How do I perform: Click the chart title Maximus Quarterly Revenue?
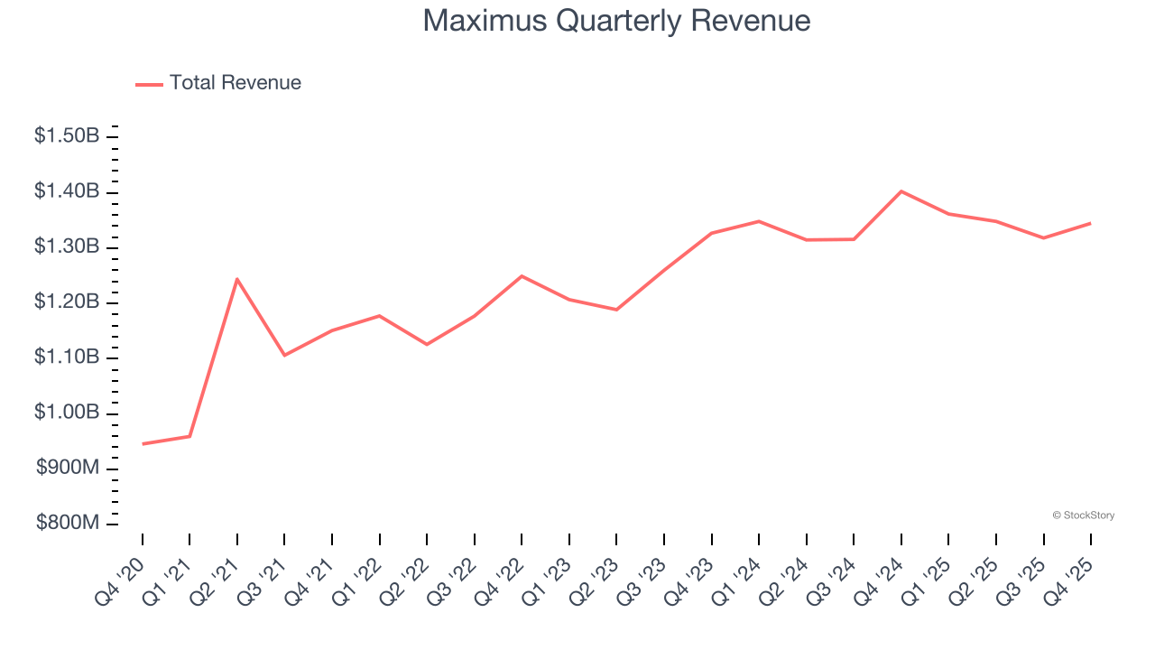[x=616, y=21]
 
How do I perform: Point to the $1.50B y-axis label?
[x=67, y=136]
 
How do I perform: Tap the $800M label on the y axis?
[x=67, y=525]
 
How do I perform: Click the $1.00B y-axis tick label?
[x=67, y=413]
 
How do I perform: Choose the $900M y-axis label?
[x=67, y=469]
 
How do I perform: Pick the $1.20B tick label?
[x=67, y=302]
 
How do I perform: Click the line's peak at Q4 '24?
[x=901, y=191]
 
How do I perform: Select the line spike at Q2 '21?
[x=236, y=279]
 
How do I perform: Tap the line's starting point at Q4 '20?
[x=143, y=444]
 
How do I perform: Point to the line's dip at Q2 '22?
[x=427, y=344]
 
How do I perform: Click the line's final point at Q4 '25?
[x=1090, y=223]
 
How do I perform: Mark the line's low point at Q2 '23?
[x=616, y=310]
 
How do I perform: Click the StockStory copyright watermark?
[x=1083, y=515]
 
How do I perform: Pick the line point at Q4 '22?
[x=522, y=275]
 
